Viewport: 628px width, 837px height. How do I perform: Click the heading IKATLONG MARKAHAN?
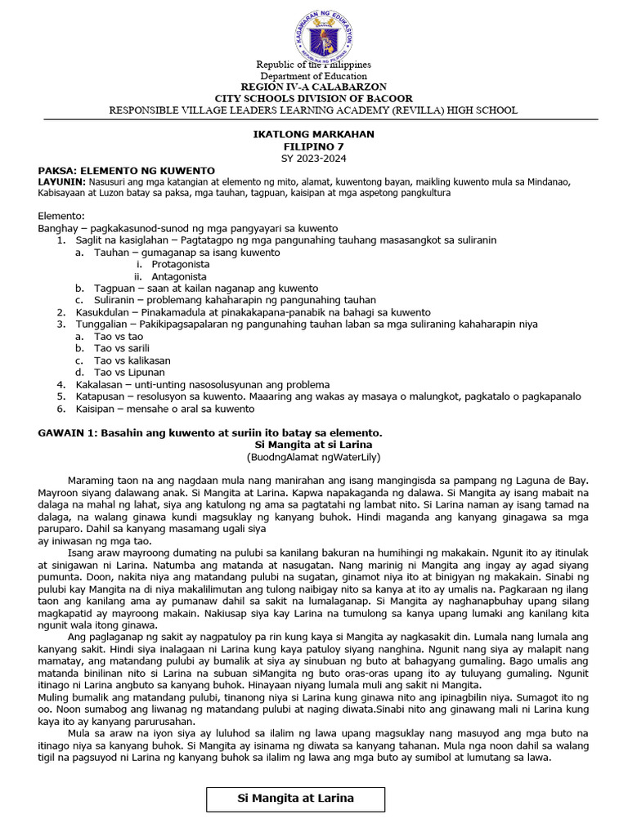[313, 134]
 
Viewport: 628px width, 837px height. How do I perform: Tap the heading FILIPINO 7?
[313, 145]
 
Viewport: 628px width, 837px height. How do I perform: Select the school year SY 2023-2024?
[313, 157]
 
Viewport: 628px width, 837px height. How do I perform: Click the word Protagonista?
[180, 265]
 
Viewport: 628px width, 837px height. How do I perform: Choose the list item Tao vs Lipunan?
[129, 373]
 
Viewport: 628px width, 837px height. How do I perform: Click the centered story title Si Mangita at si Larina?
[313, 444]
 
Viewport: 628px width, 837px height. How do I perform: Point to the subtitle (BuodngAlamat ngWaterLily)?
[313, 456]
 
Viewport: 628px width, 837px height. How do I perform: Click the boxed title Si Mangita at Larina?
[295, 799]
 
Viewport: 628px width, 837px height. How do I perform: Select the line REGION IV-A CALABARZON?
[313, 87]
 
